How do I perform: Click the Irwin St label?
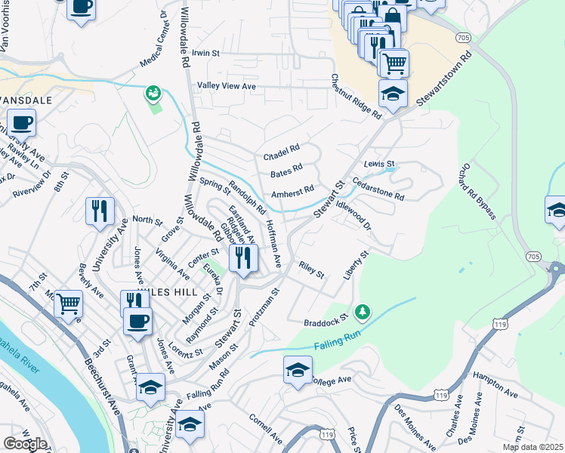tap(205, 54)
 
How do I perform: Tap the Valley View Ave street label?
tap(227, 87)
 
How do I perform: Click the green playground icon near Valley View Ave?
tap(153, 93)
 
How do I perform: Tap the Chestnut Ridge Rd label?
tap(356, 96)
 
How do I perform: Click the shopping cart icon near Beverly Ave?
tap(69, 304)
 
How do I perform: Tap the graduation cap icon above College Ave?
tap(298, 369)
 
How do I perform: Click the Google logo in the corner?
tap(25, 444)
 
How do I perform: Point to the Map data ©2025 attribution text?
tap(533, 447)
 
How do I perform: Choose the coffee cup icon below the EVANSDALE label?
tap(22, 122)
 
